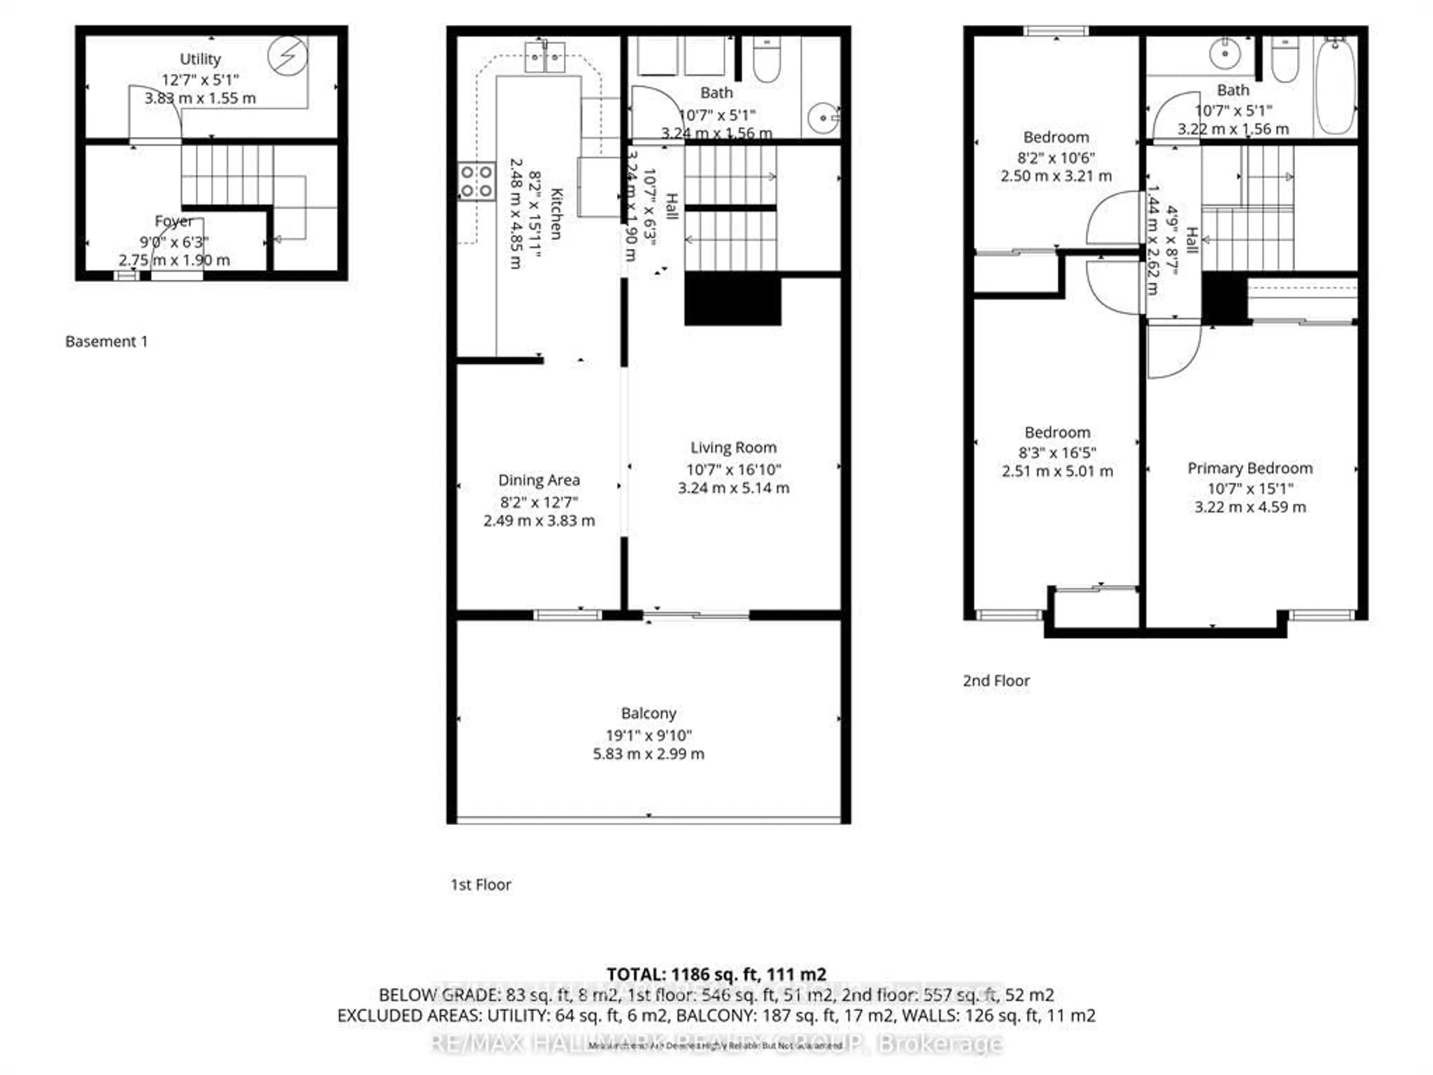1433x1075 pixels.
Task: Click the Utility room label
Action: pos(200,59)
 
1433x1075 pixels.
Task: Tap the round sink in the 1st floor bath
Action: pos(823,118)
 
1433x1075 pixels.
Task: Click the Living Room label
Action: pos(733,448)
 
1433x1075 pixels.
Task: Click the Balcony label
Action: pos(649,713)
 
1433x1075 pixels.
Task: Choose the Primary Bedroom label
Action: pos(1250,468)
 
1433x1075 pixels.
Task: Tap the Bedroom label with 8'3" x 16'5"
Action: pos(1057,432)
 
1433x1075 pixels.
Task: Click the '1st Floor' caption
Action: pos(481,885)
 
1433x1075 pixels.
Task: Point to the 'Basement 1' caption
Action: pos(106,342)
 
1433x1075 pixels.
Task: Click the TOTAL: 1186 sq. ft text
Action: pos(716,974)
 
